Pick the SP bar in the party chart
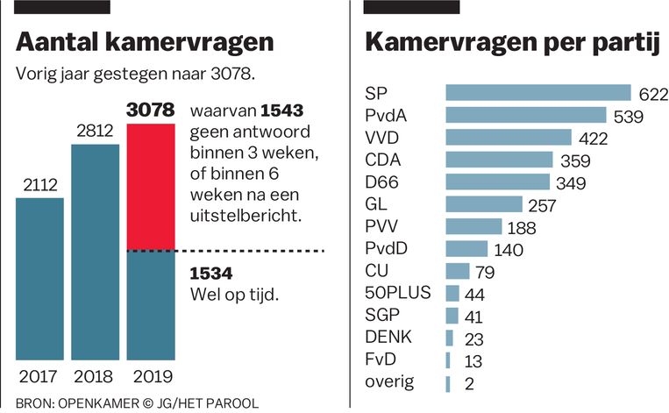tap(538, 93)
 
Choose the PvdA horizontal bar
tap(526, 115)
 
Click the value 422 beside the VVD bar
tap(592, 138)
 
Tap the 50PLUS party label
tap(397, 293)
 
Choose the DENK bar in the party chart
tap(449, 338)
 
